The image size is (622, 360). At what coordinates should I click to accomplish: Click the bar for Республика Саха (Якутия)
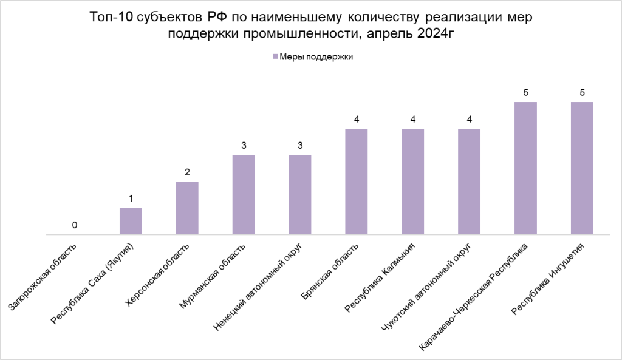131,221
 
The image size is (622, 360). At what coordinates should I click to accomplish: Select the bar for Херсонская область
187,208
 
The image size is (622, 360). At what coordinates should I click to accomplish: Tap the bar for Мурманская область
244,194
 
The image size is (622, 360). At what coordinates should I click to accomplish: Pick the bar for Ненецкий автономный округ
300,194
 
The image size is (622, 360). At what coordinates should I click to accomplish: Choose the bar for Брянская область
357,181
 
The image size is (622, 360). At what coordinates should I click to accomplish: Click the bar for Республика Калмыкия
413,181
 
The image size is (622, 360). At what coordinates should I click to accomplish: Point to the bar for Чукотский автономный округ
469,181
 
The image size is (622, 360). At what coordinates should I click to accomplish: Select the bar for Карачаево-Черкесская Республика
525,168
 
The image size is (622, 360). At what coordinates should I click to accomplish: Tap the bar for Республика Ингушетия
582,168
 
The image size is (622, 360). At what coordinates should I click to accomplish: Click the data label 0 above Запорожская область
74,225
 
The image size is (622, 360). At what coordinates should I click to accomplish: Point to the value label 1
131,199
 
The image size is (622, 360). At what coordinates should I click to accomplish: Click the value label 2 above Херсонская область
187,172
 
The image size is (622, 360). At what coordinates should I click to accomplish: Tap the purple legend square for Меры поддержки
275,57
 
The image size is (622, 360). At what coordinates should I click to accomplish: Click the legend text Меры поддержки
316,57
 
